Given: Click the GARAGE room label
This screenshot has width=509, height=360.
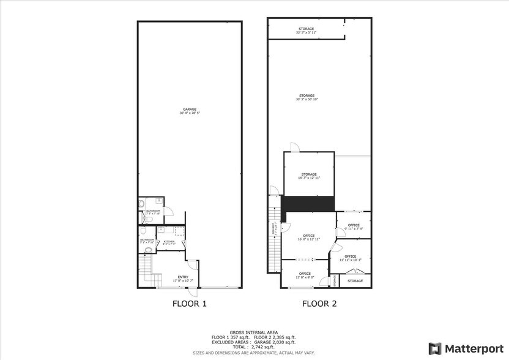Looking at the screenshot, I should (x=189, y=111).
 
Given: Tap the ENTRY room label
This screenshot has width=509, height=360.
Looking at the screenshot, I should (x=183, y=279).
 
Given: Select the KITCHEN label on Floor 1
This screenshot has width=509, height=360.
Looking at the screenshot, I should (x=169, y=242).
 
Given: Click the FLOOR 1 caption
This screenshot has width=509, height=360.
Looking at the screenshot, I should (x=188, y=303).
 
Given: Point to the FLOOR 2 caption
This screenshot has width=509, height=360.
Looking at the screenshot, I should (x=319, y=303).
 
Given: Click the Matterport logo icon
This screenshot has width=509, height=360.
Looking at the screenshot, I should (x=435, y=348).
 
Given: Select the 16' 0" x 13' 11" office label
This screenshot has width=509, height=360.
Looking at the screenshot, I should (x=308, y=238).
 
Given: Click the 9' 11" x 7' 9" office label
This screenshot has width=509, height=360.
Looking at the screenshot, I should (x=354, y=227).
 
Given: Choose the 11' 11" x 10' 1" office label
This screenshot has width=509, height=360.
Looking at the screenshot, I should (x=350, y=258).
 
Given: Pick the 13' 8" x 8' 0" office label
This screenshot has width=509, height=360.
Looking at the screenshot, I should (x=305, y=275).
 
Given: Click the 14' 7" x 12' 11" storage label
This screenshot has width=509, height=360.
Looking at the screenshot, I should (x=308, y=176).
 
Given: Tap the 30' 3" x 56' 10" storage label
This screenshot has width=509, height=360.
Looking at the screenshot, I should (x=307, y=97).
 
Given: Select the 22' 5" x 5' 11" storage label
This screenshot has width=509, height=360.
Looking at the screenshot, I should (x=306, y=31).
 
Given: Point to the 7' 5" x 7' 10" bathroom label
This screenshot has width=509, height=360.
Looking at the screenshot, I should (x=152, y=212).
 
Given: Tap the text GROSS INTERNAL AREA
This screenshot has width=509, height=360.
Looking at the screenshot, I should (x=254, y=332).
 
